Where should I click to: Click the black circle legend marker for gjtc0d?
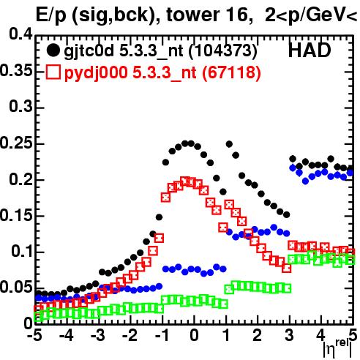(x=53, y=50)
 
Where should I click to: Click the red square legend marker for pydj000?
(x=53, y=72)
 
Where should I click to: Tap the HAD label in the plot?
(x=310, y=50)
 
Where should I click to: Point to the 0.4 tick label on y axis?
(x=20, y=34)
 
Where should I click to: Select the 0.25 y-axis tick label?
(x=16, y=143)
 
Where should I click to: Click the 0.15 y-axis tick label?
(x=16, y=215)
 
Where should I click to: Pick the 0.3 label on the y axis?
(x=20, y=107)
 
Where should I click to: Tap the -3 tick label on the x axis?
(x=98, y=335)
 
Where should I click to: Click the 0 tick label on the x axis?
(x=194, y=335)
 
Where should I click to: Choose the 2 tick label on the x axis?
(x=257, y=335)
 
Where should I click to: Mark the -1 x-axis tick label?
(x=162, y=335)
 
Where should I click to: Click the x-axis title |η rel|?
(x=337, y=348)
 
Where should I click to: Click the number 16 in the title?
(x=238, y=15)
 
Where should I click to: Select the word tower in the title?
(x=194, y=15)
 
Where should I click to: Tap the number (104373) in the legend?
(x=222, y=50)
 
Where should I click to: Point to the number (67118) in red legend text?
(x=231, y=72)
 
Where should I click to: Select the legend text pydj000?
(x=96, y=73)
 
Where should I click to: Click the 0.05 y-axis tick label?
(x=16, y=287)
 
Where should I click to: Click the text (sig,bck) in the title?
(x=116, y=15)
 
